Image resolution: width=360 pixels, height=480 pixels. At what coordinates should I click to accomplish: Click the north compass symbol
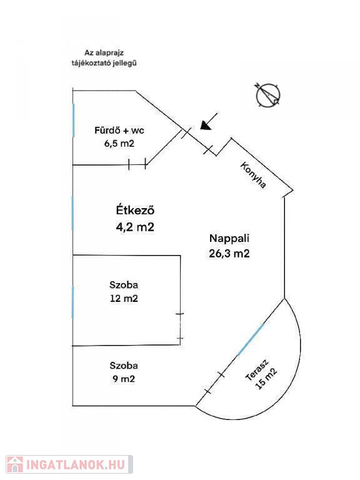(267, 95)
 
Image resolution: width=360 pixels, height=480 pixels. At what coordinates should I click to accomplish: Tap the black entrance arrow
(209, 121)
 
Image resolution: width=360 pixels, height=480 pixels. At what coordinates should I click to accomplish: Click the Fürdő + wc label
(119, 131)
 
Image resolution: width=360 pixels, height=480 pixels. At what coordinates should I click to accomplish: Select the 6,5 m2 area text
(119, 143)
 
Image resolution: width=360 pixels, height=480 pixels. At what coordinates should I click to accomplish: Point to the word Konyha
(253, 175)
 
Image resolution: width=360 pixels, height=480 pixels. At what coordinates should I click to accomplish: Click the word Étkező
(135, 210)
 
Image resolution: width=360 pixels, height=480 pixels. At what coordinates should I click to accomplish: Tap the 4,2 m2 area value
(135, 227)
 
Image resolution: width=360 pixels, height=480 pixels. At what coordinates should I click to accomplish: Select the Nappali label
(229, 239)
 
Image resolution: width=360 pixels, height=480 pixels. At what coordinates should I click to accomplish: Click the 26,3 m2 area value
(229, 254)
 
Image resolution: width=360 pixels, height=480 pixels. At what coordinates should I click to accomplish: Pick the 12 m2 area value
(124, 298)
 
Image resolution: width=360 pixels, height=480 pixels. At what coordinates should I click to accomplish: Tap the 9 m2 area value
(124, 379)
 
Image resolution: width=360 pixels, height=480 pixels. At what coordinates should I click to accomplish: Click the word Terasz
(257, 370)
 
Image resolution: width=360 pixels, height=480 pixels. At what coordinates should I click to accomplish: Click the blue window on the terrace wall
(251, 339)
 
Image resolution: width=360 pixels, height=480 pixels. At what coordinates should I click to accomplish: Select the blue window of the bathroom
(74, 120)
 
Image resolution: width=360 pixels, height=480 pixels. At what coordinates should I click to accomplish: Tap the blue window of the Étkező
(72, 213)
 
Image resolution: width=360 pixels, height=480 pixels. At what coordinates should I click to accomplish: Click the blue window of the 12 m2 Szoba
(72, 302)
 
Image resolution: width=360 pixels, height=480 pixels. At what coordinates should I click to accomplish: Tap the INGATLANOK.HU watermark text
(76, 465)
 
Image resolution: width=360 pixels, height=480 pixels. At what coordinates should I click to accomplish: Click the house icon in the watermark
(15, 464)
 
